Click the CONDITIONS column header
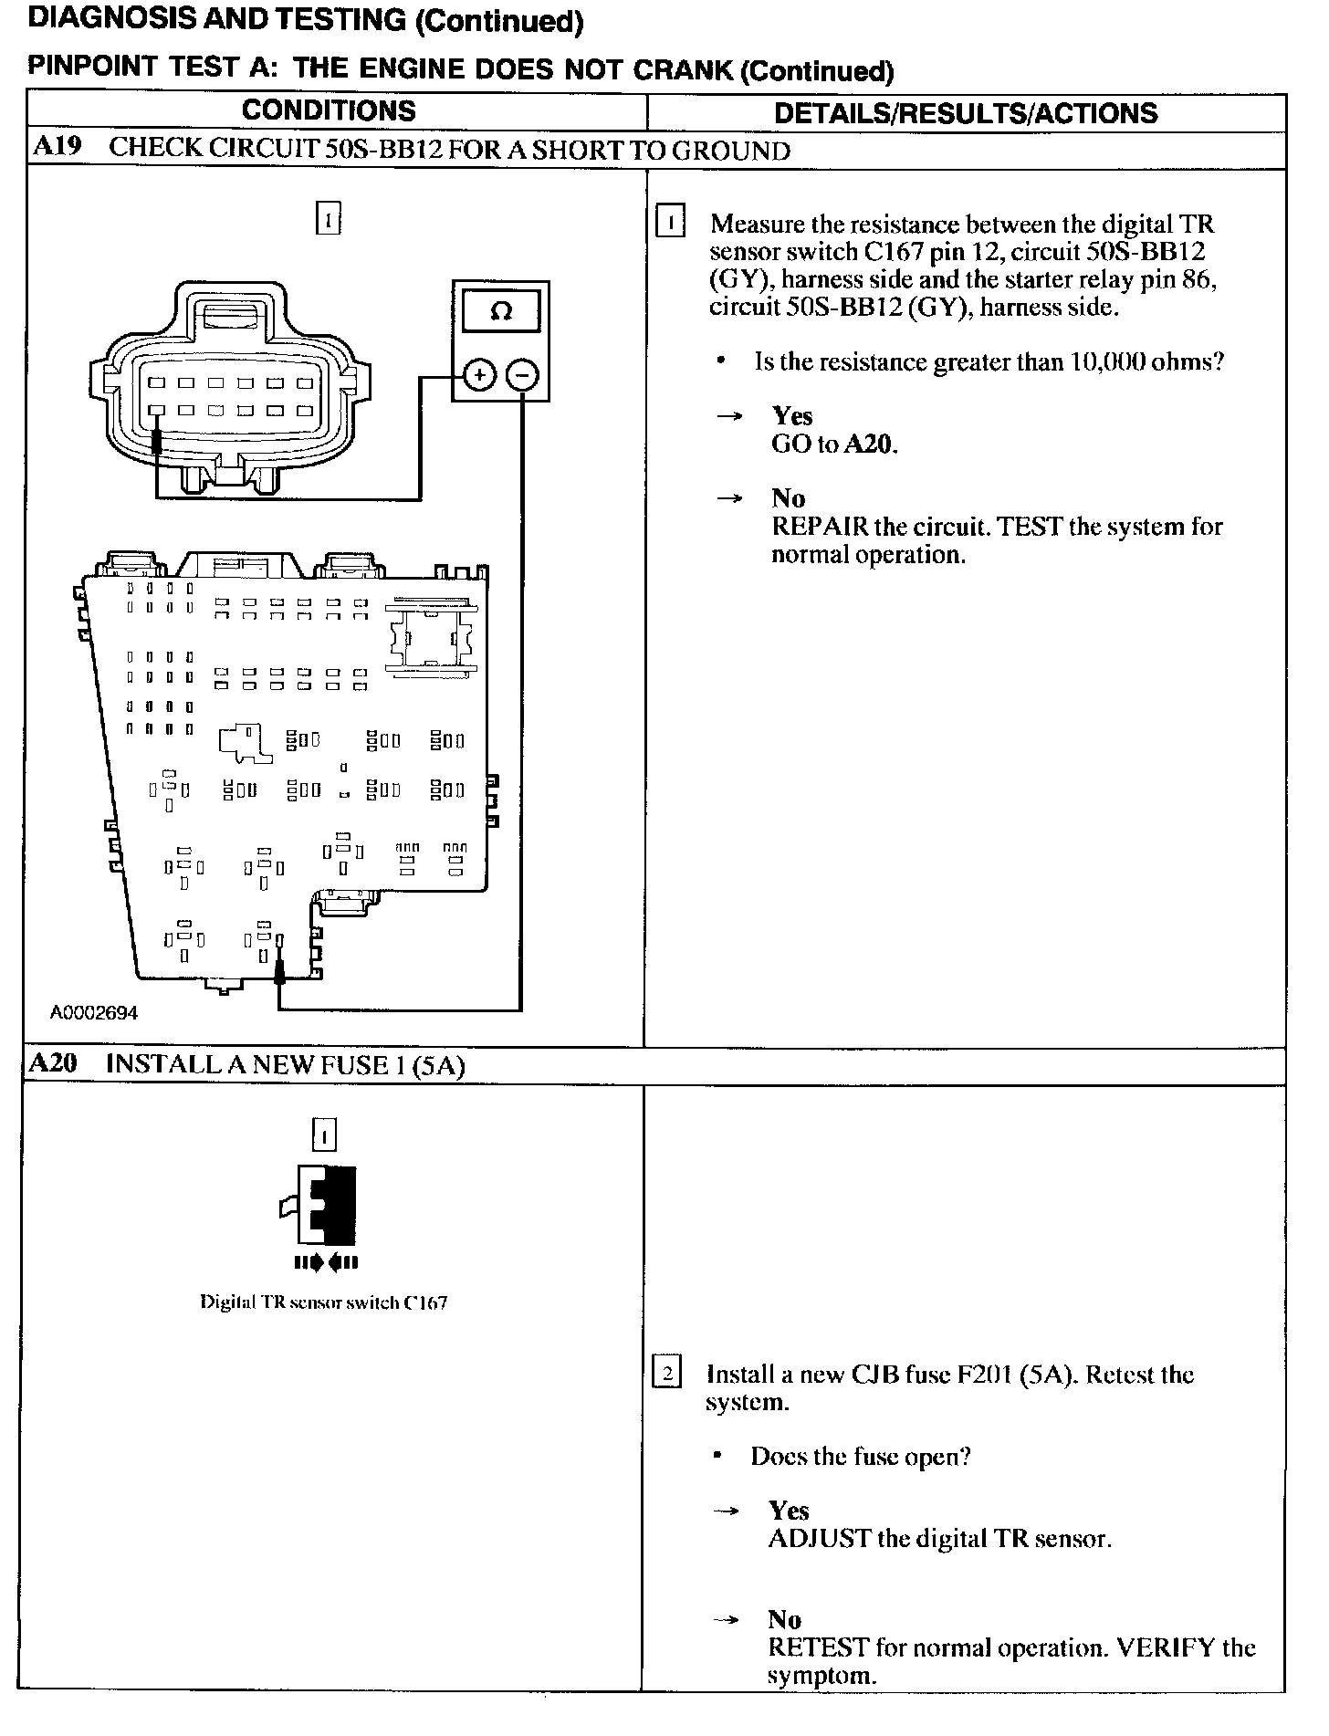pyautogui.click(x=329, y=111)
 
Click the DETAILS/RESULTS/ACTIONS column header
pyautogui.click(x=965, y=113)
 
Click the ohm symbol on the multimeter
pyautogui.click(x=501, y=312)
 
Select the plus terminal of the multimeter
pyautogui.click(x=479, y=375)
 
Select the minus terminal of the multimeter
pyautogui.click(x=523, y=375)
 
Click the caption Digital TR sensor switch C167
pyautogui.click(x=323, y=1302)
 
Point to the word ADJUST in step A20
pyautogui.click(x=819, y=1539)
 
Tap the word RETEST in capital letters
pyautogui.click(x=818, y=1647)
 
